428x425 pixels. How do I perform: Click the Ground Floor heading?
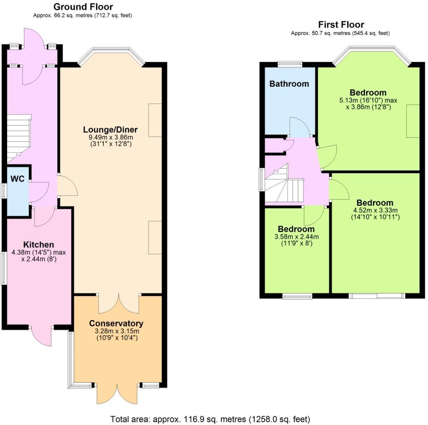click(83, 7)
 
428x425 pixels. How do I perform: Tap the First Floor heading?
click(341, 25)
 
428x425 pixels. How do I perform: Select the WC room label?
click(18, 179)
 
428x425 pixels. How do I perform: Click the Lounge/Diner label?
click(110, 129)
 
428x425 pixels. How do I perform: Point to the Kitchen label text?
click(38, 244)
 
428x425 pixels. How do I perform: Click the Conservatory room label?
click(116, 323)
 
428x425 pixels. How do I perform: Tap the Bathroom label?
click(289, 84)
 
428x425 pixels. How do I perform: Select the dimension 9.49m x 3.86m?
click(110, 137)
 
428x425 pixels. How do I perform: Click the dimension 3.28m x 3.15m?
click(116, 331)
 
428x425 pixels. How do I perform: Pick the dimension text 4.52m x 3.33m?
click(375, 210)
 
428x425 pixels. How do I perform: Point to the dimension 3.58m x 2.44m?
click(296, 237)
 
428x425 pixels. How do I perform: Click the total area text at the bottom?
click(210, 419)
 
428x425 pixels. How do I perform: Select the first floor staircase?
click(284, 186)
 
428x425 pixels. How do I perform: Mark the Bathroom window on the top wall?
click(290, 63)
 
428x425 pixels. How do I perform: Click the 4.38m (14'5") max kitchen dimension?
click(39, 252)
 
